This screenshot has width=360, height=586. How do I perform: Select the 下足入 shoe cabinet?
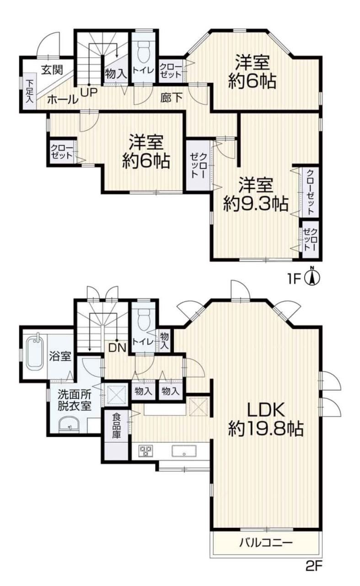[29, 91]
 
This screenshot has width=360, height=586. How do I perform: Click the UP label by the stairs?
[89, 92]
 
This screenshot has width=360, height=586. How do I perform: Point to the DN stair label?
[117, 347]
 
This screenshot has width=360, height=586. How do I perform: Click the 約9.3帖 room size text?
[256, 204]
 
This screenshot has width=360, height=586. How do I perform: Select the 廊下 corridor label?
[172, 98]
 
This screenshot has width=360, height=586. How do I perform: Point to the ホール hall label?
[63, 99]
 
